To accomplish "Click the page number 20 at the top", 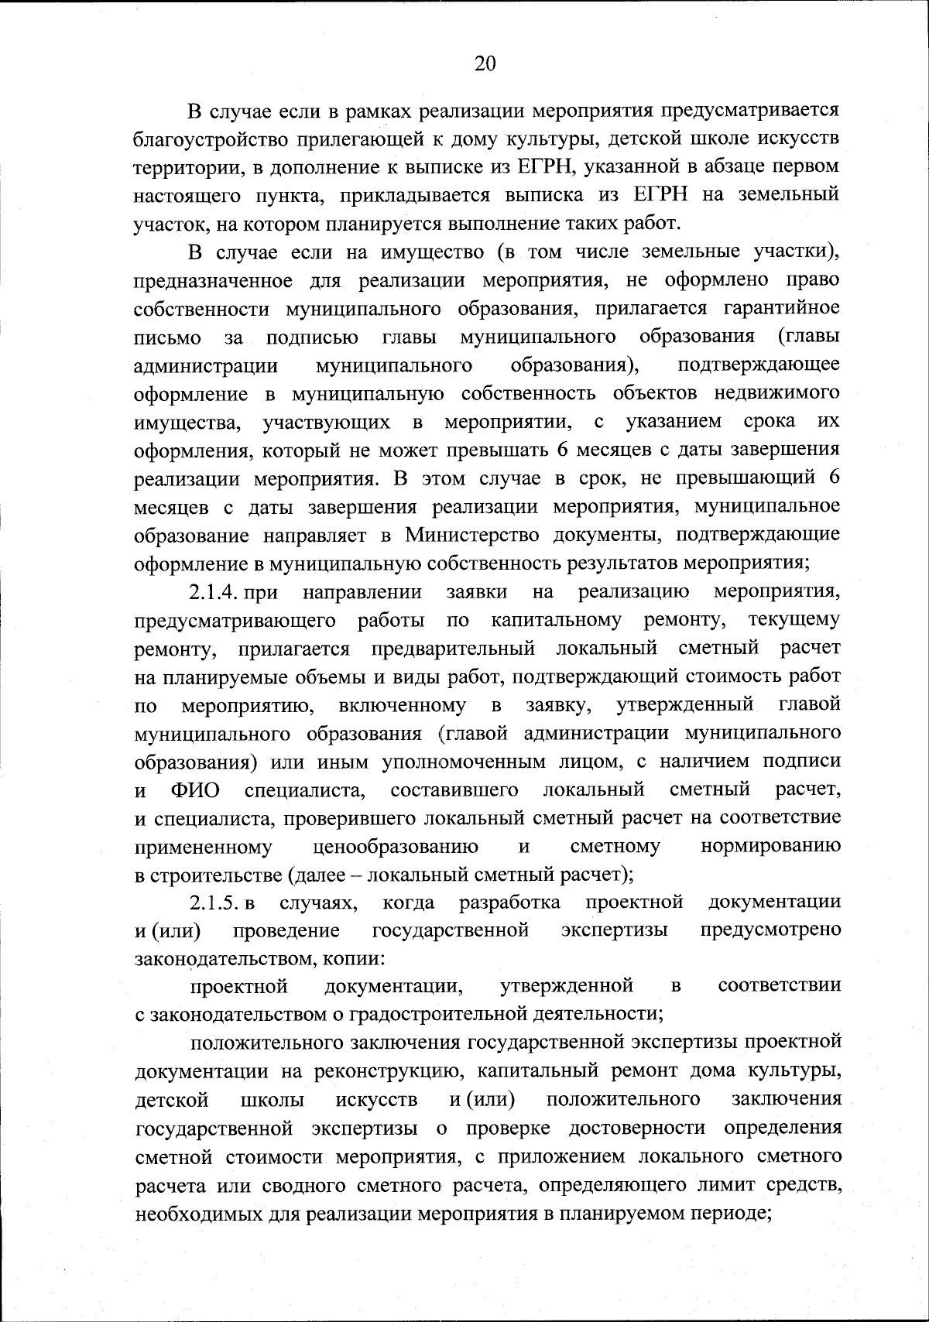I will (x=485, y=64).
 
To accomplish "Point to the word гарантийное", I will (x=781, y=308).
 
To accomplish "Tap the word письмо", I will (x=168, y=337).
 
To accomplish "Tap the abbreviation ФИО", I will (x=195, y=790).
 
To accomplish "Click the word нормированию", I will (x=770, y=847).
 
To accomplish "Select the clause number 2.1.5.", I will (x=215, y=902).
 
